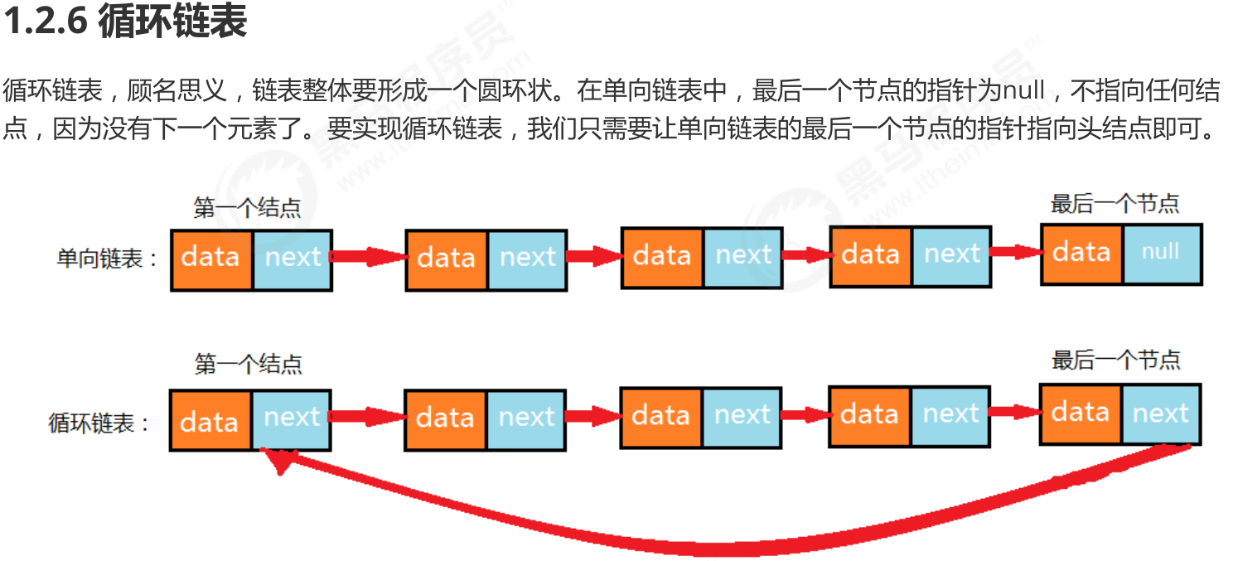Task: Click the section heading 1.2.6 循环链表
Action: pyautogui.click(x=125, y=22)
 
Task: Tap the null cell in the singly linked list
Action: pyautogui.click(x=1162, y=253)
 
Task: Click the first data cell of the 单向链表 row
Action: pyautogui.click(x=211, y=259)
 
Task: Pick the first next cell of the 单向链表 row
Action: pyautogui.click(x=293, y=259)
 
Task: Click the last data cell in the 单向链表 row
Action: pyautogui.click(x=1082, y=253)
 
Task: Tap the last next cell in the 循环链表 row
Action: pyautogui.click(x=1161, y=413)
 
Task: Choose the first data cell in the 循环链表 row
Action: pyautogui.click(x=210, y=421)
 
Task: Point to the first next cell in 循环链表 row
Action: pyautogui.click(x=292, y=419)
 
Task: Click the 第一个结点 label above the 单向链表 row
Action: pyautogui.click(x=247, y=207)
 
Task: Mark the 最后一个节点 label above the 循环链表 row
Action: pyautogui.click(x=1116, y=360)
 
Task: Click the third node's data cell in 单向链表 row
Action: pyautogui.click(x=662, y=255)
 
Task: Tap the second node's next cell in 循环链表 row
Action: pyautogui.click(x=526, y=419)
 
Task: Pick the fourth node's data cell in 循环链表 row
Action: pyautogui.click(x=870, y=414)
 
